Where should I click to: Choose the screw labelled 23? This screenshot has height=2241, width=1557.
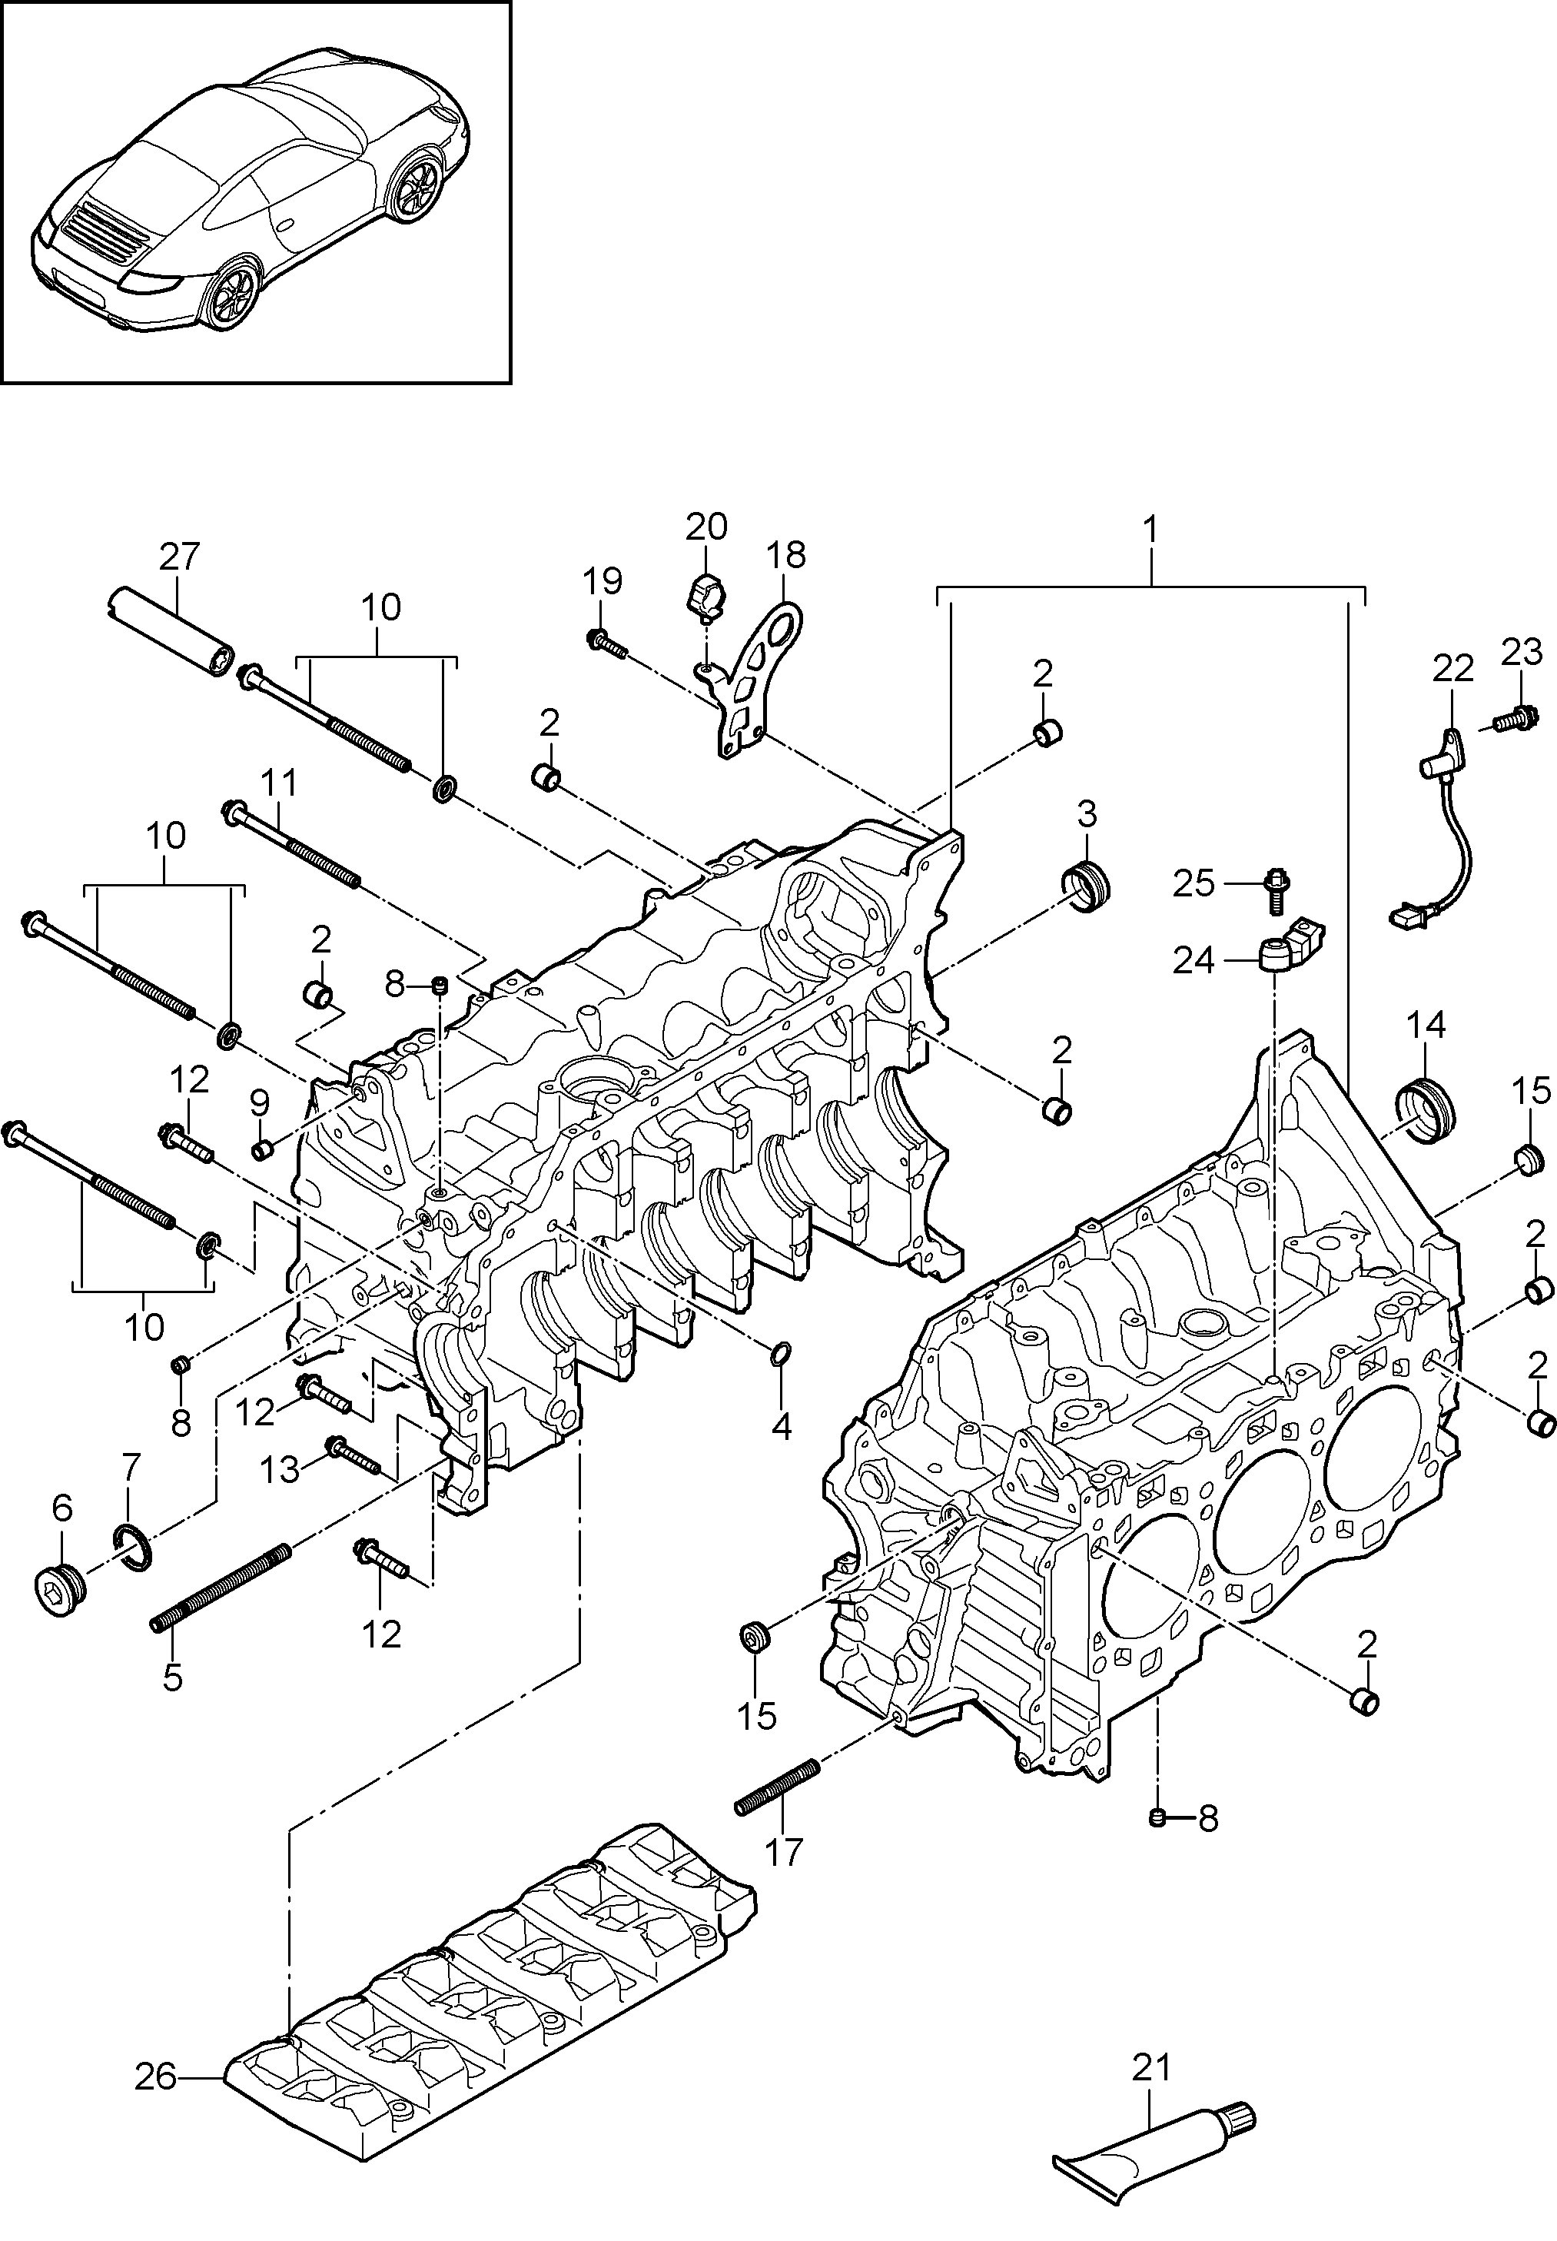coord(1509,721)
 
